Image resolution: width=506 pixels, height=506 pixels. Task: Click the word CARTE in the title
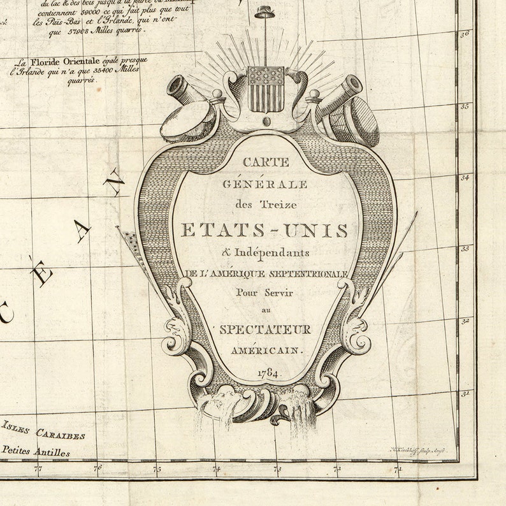[x=265, y=163]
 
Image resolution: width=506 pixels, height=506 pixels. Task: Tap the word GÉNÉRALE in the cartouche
[x=265, y=184]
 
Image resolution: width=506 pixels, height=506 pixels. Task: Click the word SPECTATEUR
[x=265, y=329]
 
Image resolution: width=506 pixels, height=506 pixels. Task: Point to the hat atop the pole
[x=262, y=11]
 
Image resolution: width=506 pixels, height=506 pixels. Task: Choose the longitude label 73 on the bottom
[x=277, y=470]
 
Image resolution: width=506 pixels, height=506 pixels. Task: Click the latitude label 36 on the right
[x=465, y=34]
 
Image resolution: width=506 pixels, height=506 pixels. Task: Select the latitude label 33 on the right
[x=465, y=249]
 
